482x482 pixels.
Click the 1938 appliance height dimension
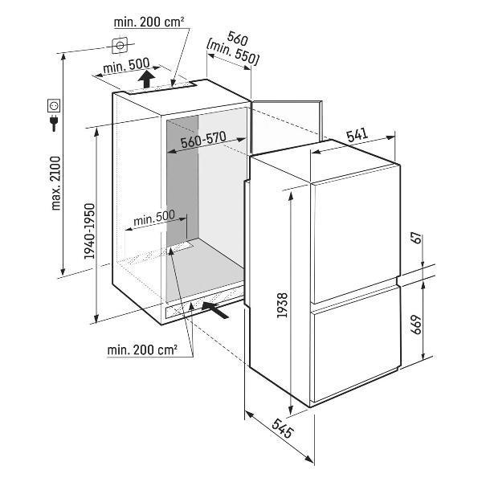coord(282,305)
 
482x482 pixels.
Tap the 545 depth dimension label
coord(282,428)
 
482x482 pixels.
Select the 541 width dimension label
coord(357,135)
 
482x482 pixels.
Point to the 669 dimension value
coord(417,325)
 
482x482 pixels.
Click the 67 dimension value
coord(417,239)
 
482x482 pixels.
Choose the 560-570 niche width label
coord(203,140)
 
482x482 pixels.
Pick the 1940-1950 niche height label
coord(89,231)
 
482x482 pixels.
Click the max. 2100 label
coord(56,183)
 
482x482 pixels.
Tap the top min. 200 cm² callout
coord(149,22)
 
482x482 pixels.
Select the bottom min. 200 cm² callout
coord(142,349)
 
